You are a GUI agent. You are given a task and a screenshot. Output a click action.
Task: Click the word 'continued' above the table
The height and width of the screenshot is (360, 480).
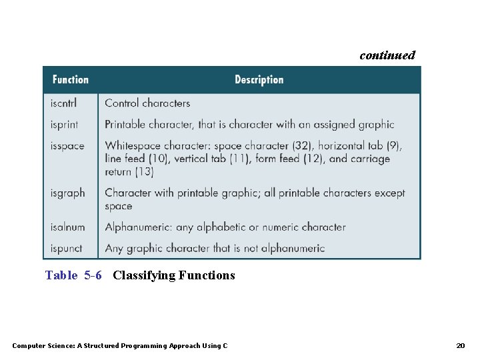387,55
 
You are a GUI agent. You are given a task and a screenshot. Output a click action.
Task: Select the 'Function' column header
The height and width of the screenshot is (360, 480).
70,80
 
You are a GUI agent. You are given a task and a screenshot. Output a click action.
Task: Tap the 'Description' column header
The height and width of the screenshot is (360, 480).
259,80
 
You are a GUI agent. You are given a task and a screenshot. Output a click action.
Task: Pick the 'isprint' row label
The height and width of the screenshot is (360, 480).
65,125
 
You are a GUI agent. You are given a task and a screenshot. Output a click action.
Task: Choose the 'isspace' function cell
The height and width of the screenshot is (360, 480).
67,146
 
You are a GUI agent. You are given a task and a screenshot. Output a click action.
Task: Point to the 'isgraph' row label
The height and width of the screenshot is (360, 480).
67,193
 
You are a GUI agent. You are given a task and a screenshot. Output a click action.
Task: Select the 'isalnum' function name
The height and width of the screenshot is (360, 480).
67,227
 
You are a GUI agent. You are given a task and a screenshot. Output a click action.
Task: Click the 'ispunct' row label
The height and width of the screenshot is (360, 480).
67,249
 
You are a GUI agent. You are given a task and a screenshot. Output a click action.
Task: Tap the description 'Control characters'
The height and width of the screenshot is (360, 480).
147,103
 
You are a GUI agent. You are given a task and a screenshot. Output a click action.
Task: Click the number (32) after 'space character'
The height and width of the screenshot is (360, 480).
300,146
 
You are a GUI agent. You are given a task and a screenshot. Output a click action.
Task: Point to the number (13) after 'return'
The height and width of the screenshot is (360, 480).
145,172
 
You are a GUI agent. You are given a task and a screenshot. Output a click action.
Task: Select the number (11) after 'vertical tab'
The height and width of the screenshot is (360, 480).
236,159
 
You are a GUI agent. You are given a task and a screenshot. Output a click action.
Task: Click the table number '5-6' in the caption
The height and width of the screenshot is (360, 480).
93,275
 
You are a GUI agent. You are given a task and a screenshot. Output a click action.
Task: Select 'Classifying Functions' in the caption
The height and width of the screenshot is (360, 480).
174,275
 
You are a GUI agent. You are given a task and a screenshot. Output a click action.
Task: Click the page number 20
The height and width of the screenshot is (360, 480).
460,345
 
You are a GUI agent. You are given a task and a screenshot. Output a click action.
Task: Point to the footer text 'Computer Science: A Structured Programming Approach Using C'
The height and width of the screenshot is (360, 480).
120,345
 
